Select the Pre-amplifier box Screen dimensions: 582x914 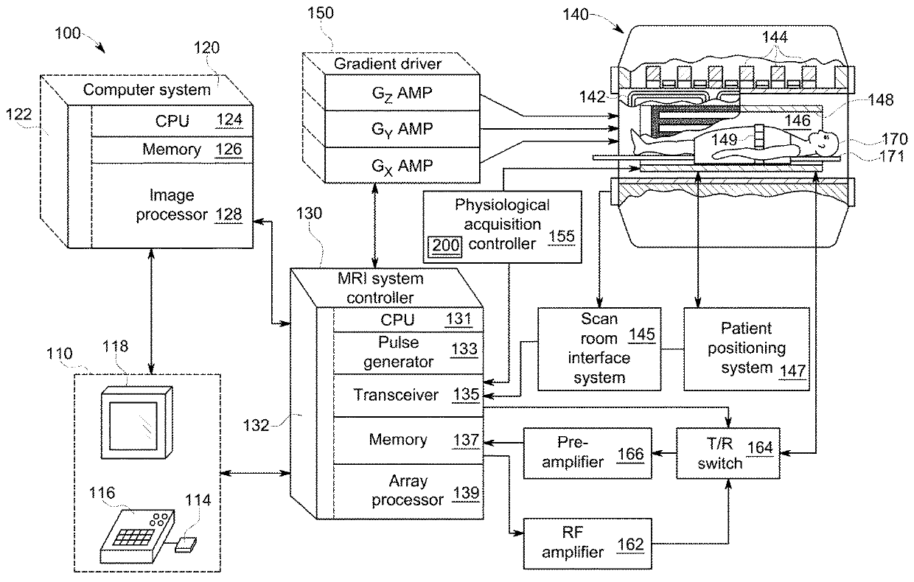(588, 455)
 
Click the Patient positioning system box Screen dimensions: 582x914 (746, 348)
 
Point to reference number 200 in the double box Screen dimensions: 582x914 (446, 246)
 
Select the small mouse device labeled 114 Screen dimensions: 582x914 (187, 545)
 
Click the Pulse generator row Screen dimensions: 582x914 (407, 352)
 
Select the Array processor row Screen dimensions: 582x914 (407, 491)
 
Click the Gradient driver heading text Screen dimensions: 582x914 (388, 64)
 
